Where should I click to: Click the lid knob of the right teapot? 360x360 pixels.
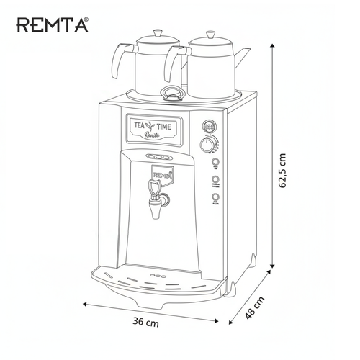(210, 33)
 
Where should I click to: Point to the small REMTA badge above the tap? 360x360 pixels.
(163, 173)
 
